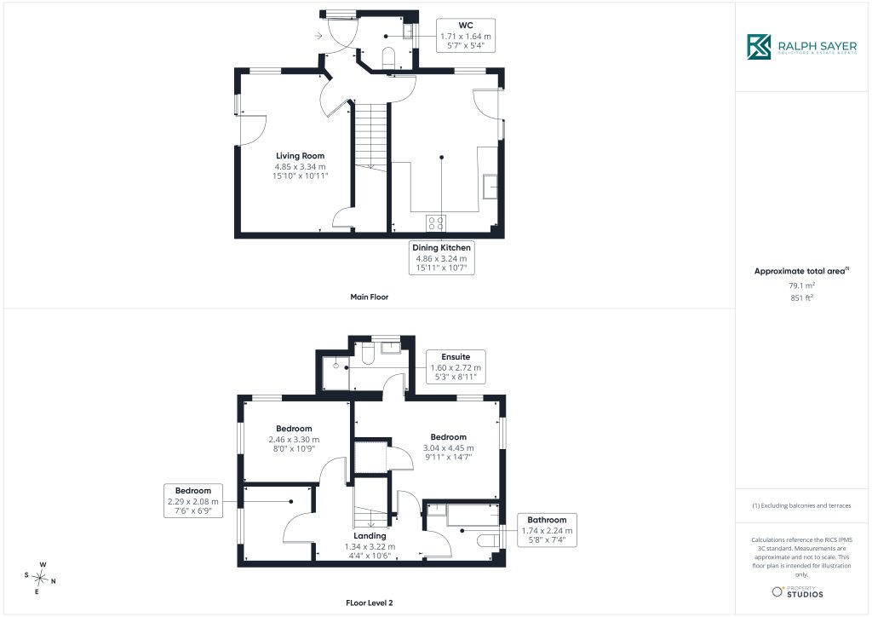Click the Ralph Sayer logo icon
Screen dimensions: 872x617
(x=759, y=47)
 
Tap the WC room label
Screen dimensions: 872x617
(x=466, y=25)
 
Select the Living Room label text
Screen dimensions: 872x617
(x=301, y=156)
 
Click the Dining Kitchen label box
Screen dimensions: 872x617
(x=442, y=257)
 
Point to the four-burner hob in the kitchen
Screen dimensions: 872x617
(x=436, y=223)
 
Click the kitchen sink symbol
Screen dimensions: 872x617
(x=490, y=187)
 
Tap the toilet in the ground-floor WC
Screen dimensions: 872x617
(x=388, y=57)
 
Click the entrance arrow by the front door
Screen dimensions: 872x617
(x=318, y=36)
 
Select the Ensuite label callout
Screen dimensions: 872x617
(x=456, y=366)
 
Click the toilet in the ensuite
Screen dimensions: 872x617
(x=368, y=354)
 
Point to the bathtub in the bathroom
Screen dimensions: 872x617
(x=473, y=515)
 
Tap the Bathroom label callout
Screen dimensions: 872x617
(x=547, y=530)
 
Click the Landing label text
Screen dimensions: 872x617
(x=370, y=536)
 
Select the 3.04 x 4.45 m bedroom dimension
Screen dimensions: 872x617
(x=448, y=448)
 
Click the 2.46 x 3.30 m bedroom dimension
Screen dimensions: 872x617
(x=294, y=440)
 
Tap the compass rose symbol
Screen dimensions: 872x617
(x=41, y=579)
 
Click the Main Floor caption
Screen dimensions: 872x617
(x=370, y=297)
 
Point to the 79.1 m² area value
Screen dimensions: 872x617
(x=801, y=285)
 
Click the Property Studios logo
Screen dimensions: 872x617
(x=797, y=592)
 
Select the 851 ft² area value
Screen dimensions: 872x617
(x=801, y=297)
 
